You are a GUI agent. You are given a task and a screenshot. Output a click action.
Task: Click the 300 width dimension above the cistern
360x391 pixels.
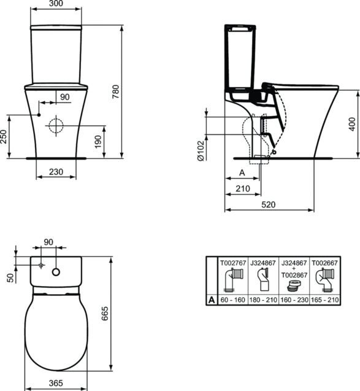(x=56, y=4)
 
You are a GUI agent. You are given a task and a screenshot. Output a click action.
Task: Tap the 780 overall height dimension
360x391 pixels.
(x=116, y=91)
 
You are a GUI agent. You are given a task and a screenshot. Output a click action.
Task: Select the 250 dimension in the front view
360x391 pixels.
(x=4, y=136)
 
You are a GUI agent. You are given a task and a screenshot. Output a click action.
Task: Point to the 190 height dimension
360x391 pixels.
(x=98, y=142)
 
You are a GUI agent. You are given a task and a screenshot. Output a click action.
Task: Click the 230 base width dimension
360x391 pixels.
(x=56, y=172)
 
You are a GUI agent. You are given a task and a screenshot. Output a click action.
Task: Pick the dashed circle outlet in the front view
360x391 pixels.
(x=56, y=125)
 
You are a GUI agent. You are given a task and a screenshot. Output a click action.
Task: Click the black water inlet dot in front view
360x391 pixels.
(x=39, y=115)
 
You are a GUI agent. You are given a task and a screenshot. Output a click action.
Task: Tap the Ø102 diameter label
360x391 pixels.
(x=201, y=150)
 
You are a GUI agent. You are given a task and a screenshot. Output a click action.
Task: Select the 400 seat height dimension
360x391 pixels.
(x=352, y=124)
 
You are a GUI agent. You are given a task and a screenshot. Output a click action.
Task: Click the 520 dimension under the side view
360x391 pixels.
(x=269, y=205)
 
